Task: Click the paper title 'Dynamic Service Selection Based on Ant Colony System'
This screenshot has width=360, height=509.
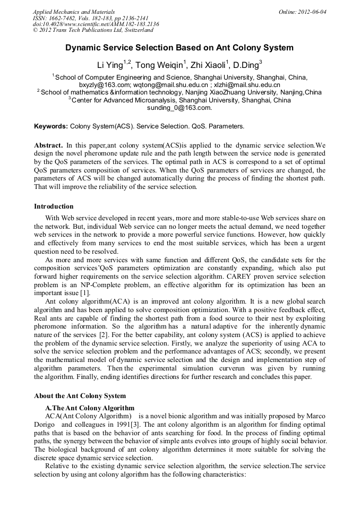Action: click(x=179, y=48)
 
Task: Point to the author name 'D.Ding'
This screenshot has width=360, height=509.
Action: click(x=245, y=66)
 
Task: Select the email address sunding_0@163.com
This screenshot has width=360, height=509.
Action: click(x=179, y=107)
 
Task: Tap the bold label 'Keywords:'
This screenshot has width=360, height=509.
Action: click(x=51, y=127)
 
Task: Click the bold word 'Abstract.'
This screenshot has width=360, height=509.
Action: click(x=49, y=145)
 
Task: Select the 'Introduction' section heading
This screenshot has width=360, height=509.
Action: click(x=54, y=206)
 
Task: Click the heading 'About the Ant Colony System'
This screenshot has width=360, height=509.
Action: click(x=80, y=395)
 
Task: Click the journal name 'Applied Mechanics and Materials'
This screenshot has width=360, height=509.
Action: click(x=74, y=12)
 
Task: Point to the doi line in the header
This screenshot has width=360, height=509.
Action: click(x=96, y=24)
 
